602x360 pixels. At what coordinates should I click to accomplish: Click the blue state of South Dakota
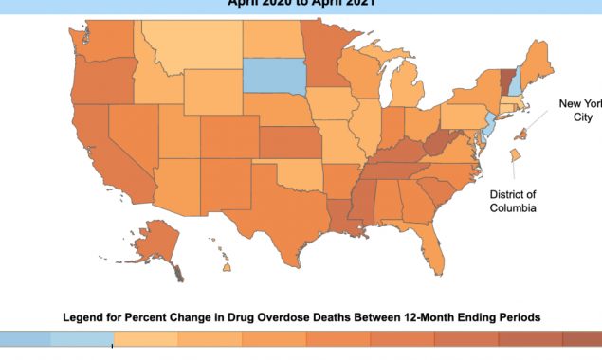[275, 75]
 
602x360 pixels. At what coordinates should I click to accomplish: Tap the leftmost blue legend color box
[25, 339]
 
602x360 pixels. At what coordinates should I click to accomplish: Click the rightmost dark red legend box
[579, 339]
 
